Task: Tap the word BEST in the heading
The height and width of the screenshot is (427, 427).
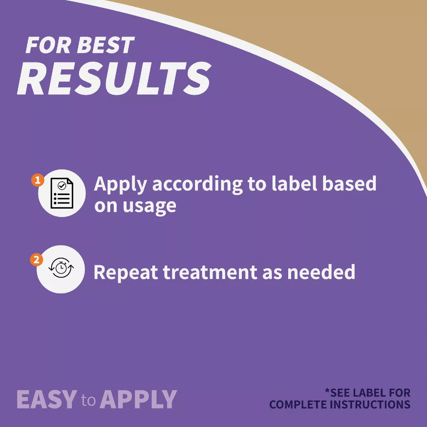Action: (105, 45)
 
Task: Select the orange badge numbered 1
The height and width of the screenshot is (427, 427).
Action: (38, 180)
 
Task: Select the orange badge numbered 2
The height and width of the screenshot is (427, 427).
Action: (37, 260)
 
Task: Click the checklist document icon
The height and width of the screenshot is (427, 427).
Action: (62, 193)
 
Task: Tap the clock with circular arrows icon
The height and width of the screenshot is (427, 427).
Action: (61, 268)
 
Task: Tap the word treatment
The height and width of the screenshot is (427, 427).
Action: (211, 272)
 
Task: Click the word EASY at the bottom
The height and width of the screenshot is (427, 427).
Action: (47, 399)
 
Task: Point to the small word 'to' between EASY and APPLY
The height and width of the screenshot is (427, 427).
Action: (88, 400)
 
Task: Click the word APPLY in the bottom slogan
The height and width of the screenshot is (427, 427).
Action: (138, 399)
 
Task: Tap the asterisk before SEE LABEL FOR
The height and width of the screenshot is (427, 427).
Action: (327, 391)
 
